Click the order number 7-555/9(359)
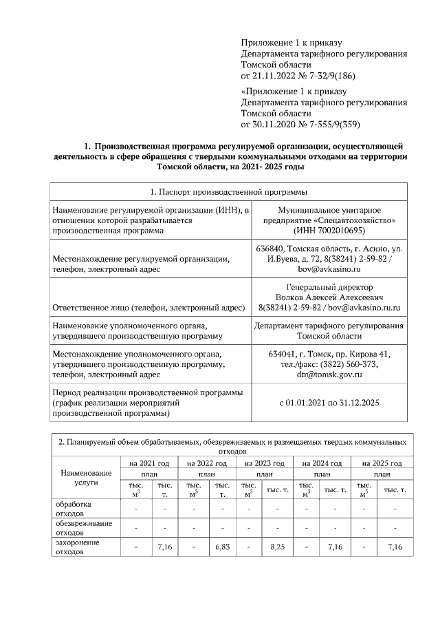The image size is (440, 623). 329,124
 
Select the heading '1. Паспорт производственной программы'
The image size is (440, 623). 228,191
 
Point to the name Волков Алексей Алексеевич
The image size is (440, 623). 329,297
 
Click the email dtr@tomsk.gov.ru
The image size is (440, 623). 329,374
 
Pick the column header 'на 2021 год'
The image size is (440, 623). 149,464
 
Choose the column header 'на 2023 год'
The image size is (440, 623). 264,464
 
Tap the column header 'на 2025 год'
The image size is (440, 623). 379,464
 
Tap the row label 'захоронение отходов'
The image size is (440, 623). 77,547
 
